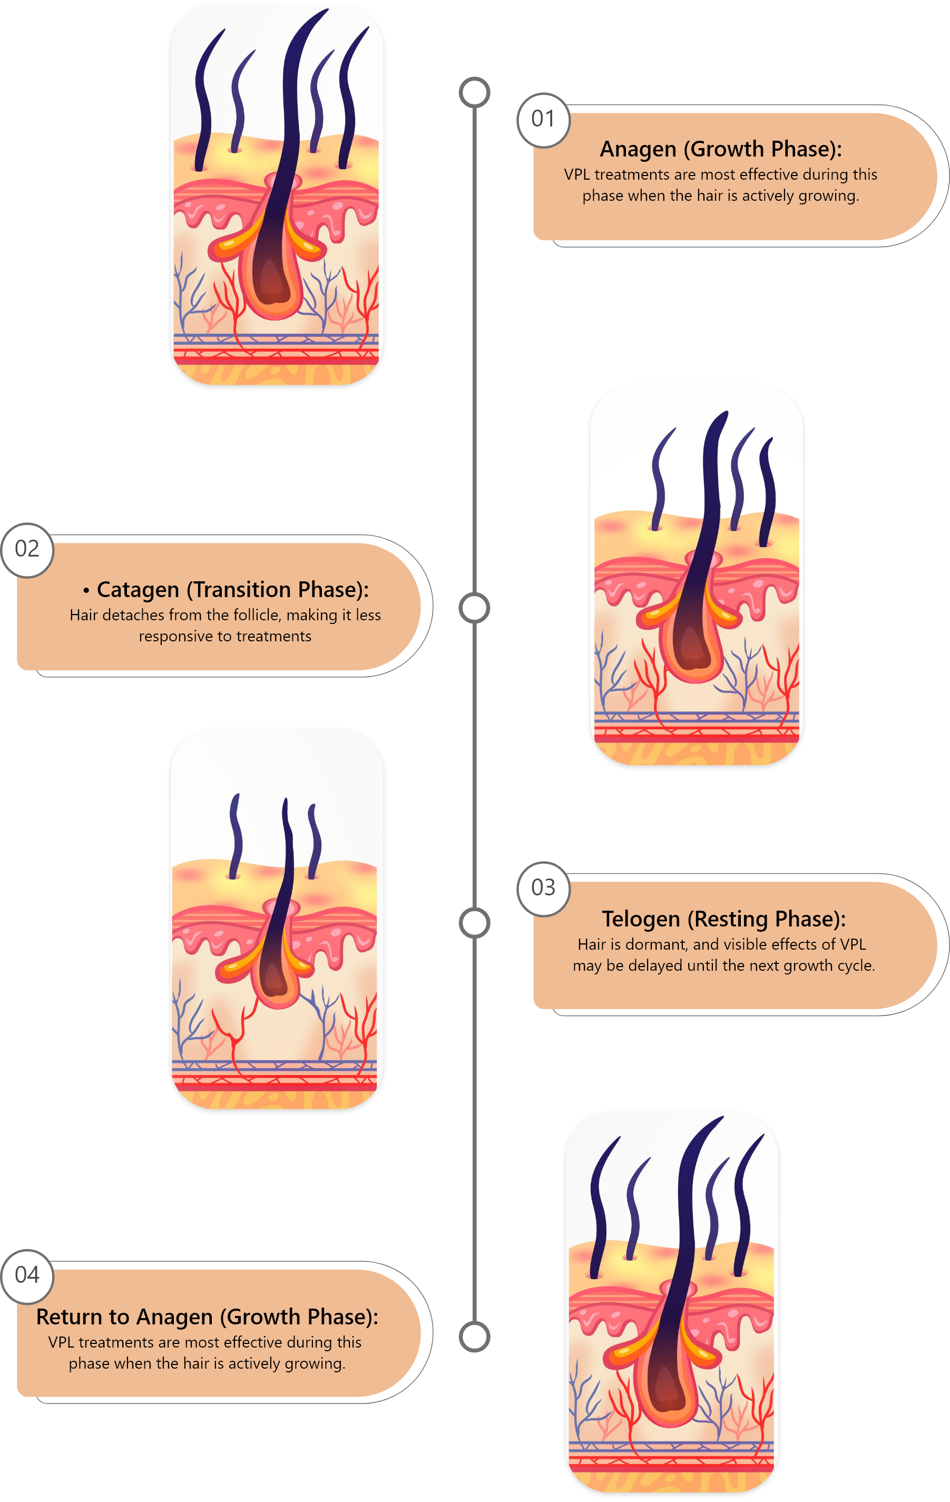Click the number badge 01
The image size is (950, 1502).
[543, 119]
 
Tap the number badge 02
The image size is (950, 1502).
[27, 550]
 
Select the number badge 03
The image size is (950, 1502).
[543, 888]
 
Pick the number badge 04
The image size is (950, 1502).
[27, 1275]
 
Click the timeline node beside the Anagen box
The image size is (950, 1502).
[475, 92]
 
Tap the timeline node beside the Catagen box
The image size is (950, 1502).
[475, 608]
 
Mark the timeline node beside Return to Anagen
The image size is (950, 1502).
[475, 1337]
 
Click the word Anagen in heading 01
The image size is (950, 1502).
[638, 150]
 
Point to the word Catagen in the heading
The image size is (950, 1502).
[138, 590]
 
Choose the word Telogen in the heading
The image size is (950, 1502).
[641, 920]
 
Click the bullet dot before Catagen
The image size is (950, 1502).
[86, 591]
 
